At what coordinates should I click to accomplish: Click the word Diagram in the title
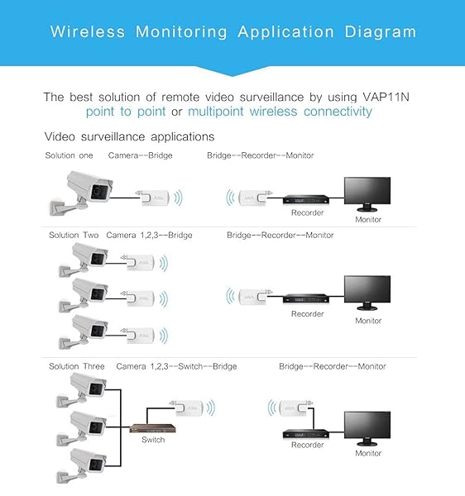pos(380,32)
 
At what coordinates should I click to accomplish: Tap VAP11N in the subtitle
pos(386,97)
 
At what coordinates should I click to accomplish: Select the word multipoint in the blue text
pos(216,112)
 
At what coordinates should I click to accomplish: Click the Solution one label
pos(69,155)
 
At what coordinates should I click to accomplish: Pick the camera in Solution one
pos(81,193)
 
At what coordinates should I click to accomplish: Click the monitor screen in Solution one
pos(367,191)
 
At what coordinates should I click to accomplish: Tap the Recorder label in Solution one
pos(307,212)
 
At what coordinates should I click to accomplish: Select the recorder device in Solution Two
pos(306,298)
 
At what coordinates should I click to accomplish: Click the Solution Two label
pos(74,235)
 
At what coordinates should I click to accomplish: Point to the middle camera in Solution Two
pos(84,295)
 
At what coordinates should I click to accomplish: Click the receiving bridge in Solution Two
pos(252,297)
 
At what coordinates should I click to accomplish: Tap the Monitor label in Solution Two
pos(368,321)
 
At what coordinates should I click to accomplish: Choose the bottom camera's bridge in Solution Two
pos(141,336)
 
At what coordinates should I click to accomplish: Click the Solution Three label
pos(77,366)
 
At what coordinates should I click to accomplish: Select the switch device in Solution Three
pos(152,428)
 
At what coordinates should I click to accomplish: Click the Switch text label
pos(153,440)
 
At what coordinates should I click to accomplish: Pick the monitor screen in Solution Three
pos(367,425)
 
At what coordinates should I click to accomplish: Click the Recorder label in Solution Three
pos(307,445)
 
